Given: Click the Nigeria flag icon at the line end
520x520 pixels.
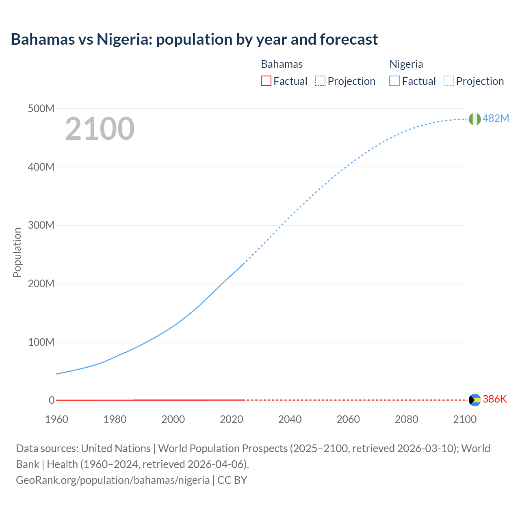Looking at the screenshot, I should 474,119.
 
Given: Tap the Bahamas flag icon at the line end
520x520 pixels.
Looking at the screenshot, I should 474,400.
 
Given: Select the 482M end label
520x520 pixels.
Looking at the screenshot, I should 496,118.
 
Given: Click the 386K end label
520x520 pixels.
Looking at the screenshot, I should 495,399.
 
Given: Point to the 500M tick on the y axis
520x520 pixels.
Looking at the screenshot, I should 41,109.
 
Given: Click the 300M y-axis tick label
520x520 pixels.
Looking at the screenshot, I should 41,225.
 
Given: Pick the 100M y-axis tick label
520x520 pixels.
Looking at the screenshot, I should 41,342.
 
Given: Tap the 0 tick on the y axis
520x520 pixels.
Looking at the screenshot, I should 52,400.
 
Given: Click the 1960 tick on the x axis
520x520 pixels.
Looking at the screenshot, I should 56,419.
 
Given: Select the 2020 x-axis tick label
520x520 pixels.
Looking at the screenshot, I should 232,419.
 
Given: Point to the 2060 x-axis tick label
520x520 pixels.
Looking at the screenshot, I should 348,419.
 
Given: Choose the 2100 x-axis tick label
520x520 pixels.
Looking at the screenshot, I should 465,419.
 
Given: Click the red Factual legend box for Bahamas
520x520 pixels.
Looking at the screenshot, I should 266,81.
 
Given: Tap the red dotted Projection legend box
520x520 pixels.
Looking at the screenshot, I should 320,81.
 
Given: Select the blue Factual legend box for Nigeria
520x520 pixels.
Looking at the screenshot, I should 394,81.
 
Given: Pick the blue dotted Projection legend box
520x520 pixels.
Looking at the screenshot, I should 448,81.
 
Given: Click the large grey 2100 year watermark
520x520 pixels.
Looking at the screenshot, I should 100,129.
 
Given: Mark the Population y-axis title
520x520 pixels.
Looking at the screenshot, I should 17,252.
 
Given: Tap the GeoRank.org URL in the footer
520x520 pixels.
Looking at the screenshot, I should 113,480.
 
